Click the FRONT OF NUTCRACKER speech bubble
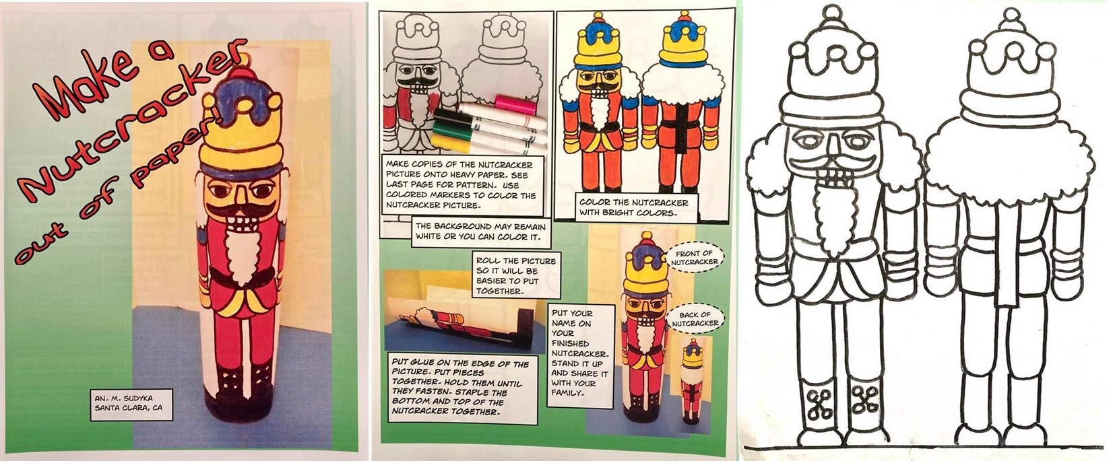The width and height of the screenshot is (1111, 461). pyautogui.click(x=694, y=257)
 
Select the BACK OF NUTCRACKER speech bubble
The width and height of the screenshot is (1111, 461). pyautogui.click(x=695, y=318)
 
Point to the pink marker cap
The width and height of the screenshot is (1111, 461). pyautogui.click(x=515, y=104)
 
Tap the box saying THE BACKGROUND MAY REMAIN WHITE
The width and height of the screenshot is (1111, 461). pyautogui.click(x=480, y=232)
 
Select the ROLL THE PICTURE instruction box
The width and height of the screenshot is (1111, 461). pyautogui.click(x=516, y=275)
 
